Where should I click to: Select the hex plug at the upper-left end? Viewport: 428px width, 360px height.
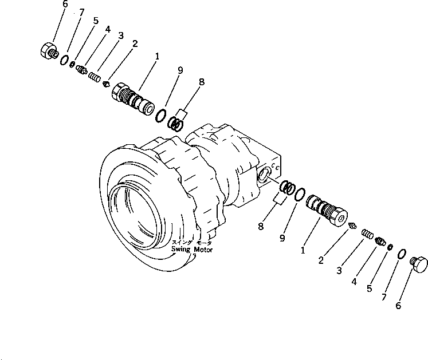point(48,50)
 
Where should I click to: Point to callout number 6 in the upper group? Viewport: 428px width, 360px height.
point(65,5)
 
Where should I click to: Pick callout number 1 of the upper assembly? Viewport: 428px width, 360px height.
point(158,56)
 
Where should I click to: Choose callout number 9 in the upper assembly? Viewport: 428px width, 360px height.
point(180,70)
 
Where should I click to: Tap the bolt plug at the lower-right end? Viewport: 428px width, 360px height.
point(421,264)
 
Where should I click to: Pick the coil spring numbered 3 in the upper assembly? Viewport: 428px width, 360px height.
point(96,76)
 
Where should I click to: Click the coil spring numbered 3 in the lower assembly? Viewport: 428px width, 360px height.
point(367,235)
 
